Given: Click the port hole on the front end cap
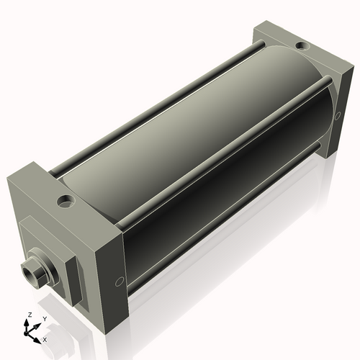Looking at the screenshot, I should (x=68, y=199).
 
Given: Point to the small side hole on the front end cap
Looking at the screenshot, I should (x=119, y=282).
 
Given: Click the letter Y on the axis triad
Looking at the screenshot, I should (x=44, y=318).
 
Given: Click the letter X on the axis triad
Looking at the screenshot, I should (x=45, y=338).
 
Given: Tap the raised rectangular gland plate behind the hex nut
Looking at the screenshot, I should (x=50, y=245).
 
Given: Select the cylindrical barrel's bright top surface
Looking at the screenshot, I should (x=180, y=108).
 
